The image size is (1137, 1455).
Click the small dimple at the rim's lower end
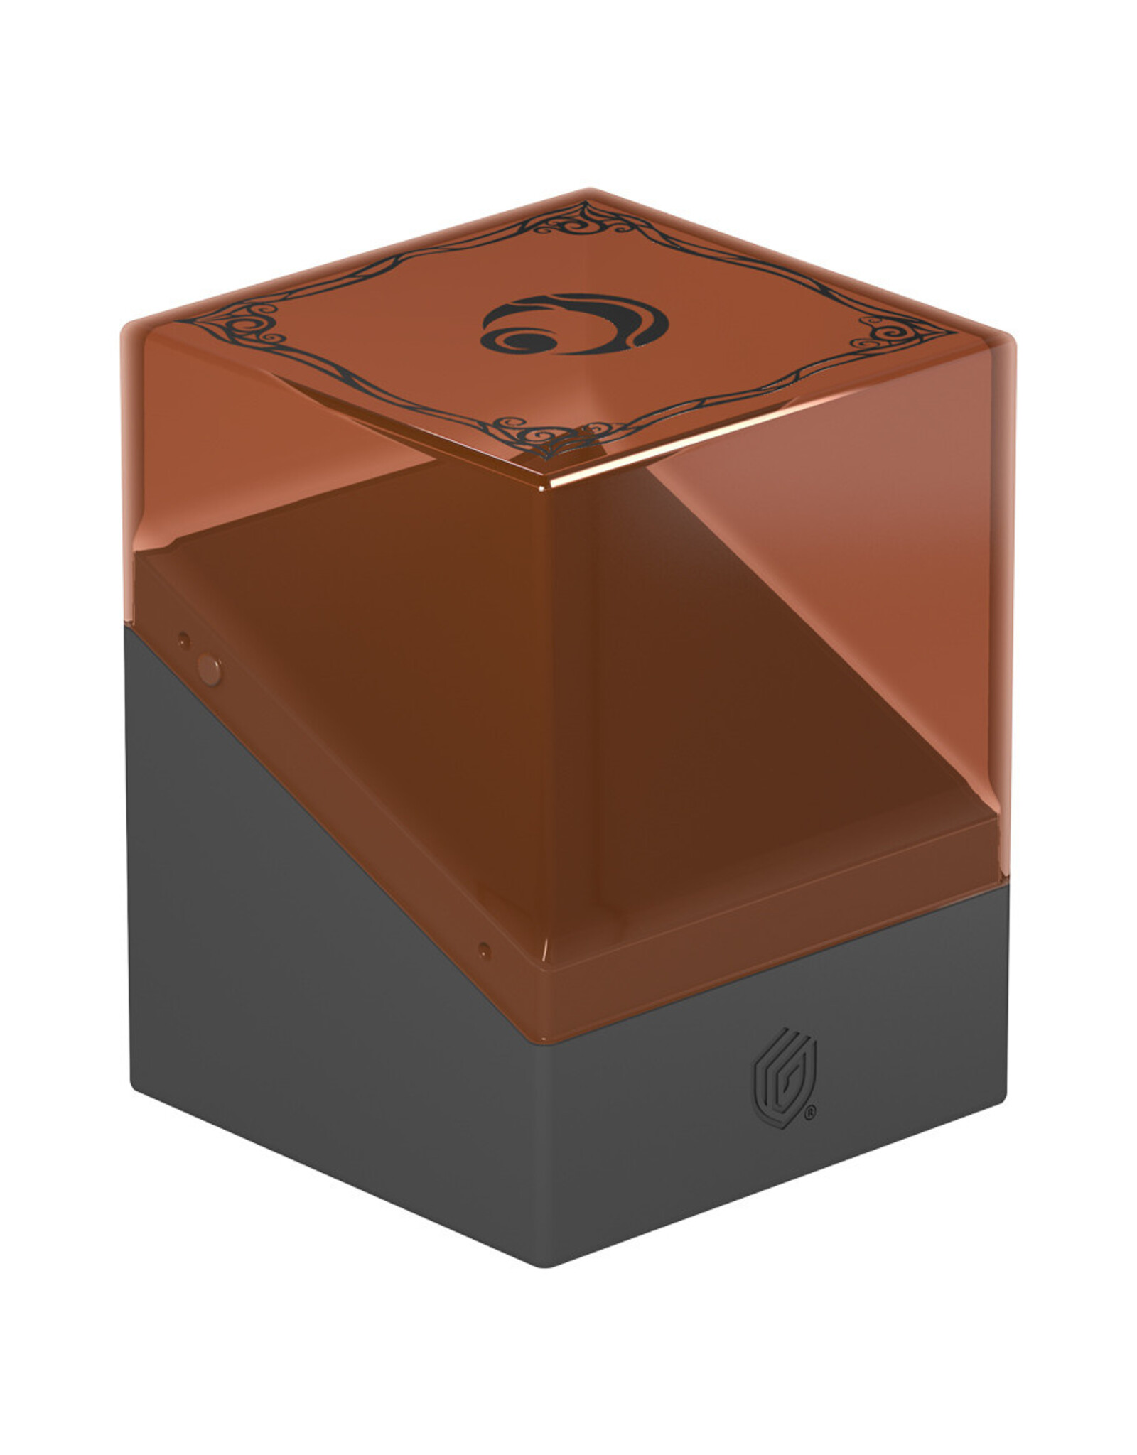click(484, 950)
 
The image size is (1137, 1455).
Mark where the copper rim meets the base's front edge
click(552, 1023)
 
